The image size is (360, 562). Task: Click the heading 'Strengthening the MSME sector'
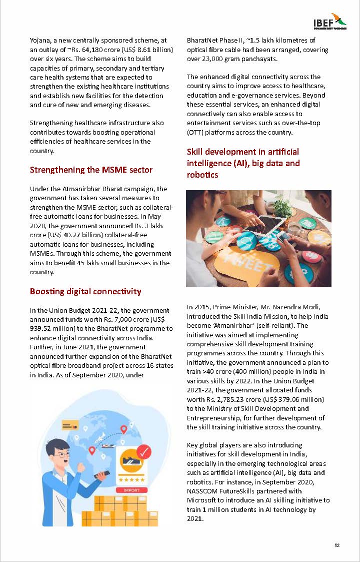[91, 170]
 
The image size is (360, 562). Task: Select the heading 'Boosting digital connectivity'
[85, 291]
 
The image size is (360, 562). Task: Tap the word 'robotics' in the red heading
[202, 175]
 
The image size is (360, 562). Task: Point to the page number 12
[337, 545]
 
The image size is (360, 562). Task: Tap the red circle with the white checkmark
[143, 452]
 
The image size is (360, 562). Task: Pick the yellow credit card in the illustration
[68, 426]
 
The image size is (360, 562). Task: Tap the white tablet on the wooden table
[269, 220]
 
